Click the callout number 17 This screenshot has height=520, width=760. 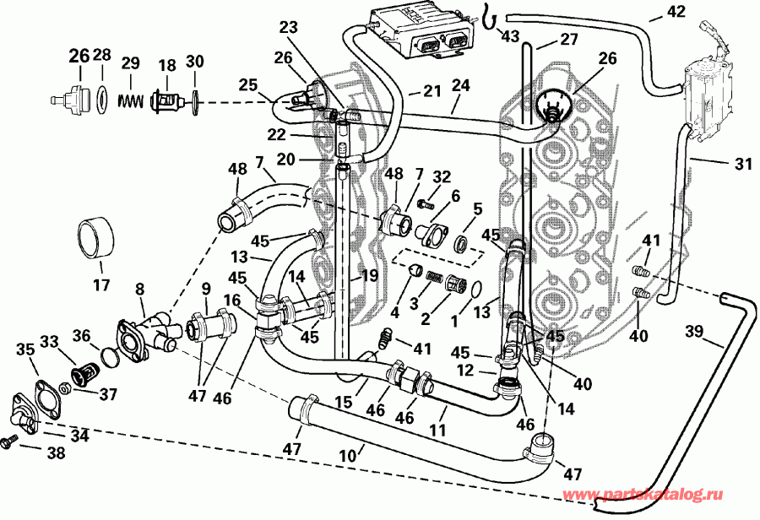[101, 285]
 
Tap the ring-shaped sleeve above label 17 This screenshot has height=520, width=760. [95, 237]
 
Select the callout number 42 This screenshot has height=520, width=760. [677, 11]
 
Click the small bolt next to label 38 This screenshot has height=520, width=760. [12, 440]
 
